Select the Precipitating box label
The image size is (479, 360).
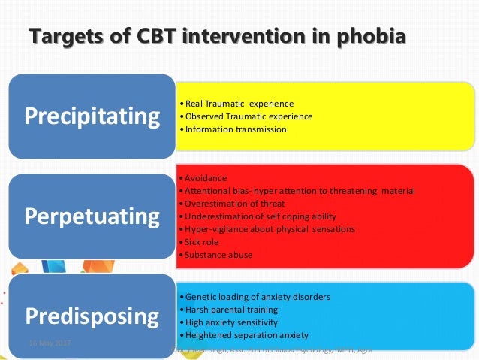click(x=93, y=116)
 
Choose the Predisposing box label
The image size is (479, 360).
click(x=93, y=314)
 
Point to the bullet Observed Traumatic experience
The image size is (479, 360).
click(x=249, y=116)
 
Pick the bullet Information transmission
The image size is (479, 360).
click(x=235, y=129)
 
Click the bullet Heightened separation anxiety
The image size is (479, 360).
click(x=247, y=334)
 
